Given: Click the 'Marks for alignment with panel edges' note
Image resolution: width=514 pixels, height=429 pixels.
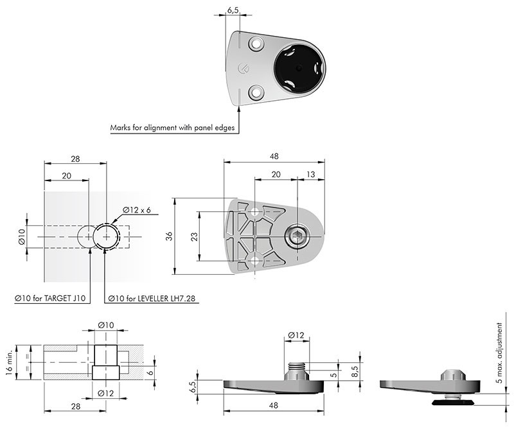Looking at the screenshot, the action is click(172, 128).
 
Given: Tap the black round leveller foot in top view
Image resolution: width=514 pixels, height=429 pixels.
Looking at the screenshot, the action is click(299, 68).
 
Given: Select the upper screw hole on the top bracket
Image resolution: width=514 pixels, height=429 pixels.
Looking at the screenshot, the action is click(256, 44).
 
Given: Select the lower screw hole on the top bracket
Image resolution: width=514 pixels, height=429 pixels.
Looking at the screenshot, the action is click(256, 92).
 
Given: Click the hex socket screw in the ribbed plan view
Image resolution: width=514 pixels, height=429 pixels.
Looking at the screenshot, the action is click(297, 236).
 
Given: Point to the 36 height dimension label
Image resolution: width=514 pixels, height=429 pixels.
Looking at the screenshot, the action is click(169, 236).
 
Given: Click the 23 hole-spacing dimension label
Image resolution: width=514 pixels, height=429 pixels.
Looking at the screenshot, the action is click(194, 236).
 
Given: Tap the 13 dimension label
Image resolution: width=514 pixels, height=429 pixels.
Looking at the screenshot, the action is click(310, 174).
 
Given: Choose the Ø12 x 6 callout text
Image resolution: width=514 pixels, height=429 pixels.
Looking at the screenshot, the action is click(137, 210).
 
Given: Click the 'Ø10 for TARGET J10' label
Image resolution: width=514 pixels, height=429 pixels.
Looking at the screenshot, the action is click(50, 298).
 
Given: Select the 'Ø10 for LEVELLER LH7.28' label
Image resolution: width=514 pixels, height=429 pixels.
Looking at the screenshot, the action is click(154, 298).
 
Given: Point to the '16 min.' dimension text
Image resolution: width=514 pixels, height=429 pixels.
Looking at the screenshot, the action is click(9, 362).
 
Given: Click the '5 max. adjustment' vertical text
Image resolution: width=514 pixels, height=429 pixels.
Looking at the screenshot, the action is click(499, 353).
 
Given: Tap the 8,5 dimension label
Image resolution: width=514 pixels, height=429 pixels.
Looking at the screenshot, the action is click(355, 372).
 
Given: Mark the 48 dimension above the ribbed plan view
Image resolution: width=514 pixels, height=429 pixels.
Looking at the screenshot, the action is click(274, 156).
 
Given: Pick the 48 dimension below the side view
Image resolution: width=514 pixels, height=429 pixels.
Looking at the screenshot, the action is click(273, 405).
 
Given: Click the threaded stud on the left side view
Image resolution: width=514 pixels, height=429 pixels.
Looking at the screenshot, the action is click(297, 367).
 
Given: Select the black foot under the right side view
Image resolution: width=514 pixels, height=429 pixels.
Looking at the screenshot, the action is click(453, 402).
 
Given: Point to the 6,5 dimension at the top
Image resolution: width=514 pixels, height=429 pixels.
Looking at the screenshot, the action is click(233, 10).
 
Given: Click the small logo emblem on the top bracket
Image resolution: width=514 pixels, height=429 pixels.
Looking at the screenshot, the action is click(243, 68).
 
